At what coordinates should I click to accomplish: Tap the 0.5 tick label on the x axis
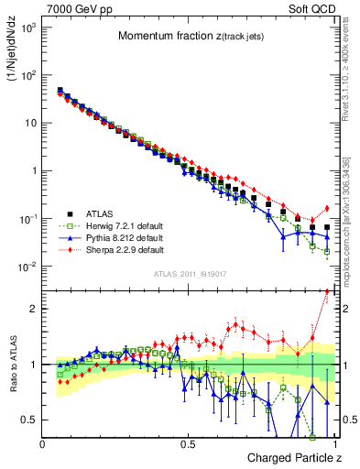click(x=189, y=443)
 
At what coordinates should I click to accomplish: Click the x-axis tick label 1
click(x=334, y=443)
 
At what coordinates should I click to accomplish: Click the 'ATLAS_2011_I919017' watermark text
click(x=189, y=274)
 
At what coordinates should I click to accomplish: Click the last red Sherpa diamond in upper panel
click(x=327, y=208)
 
